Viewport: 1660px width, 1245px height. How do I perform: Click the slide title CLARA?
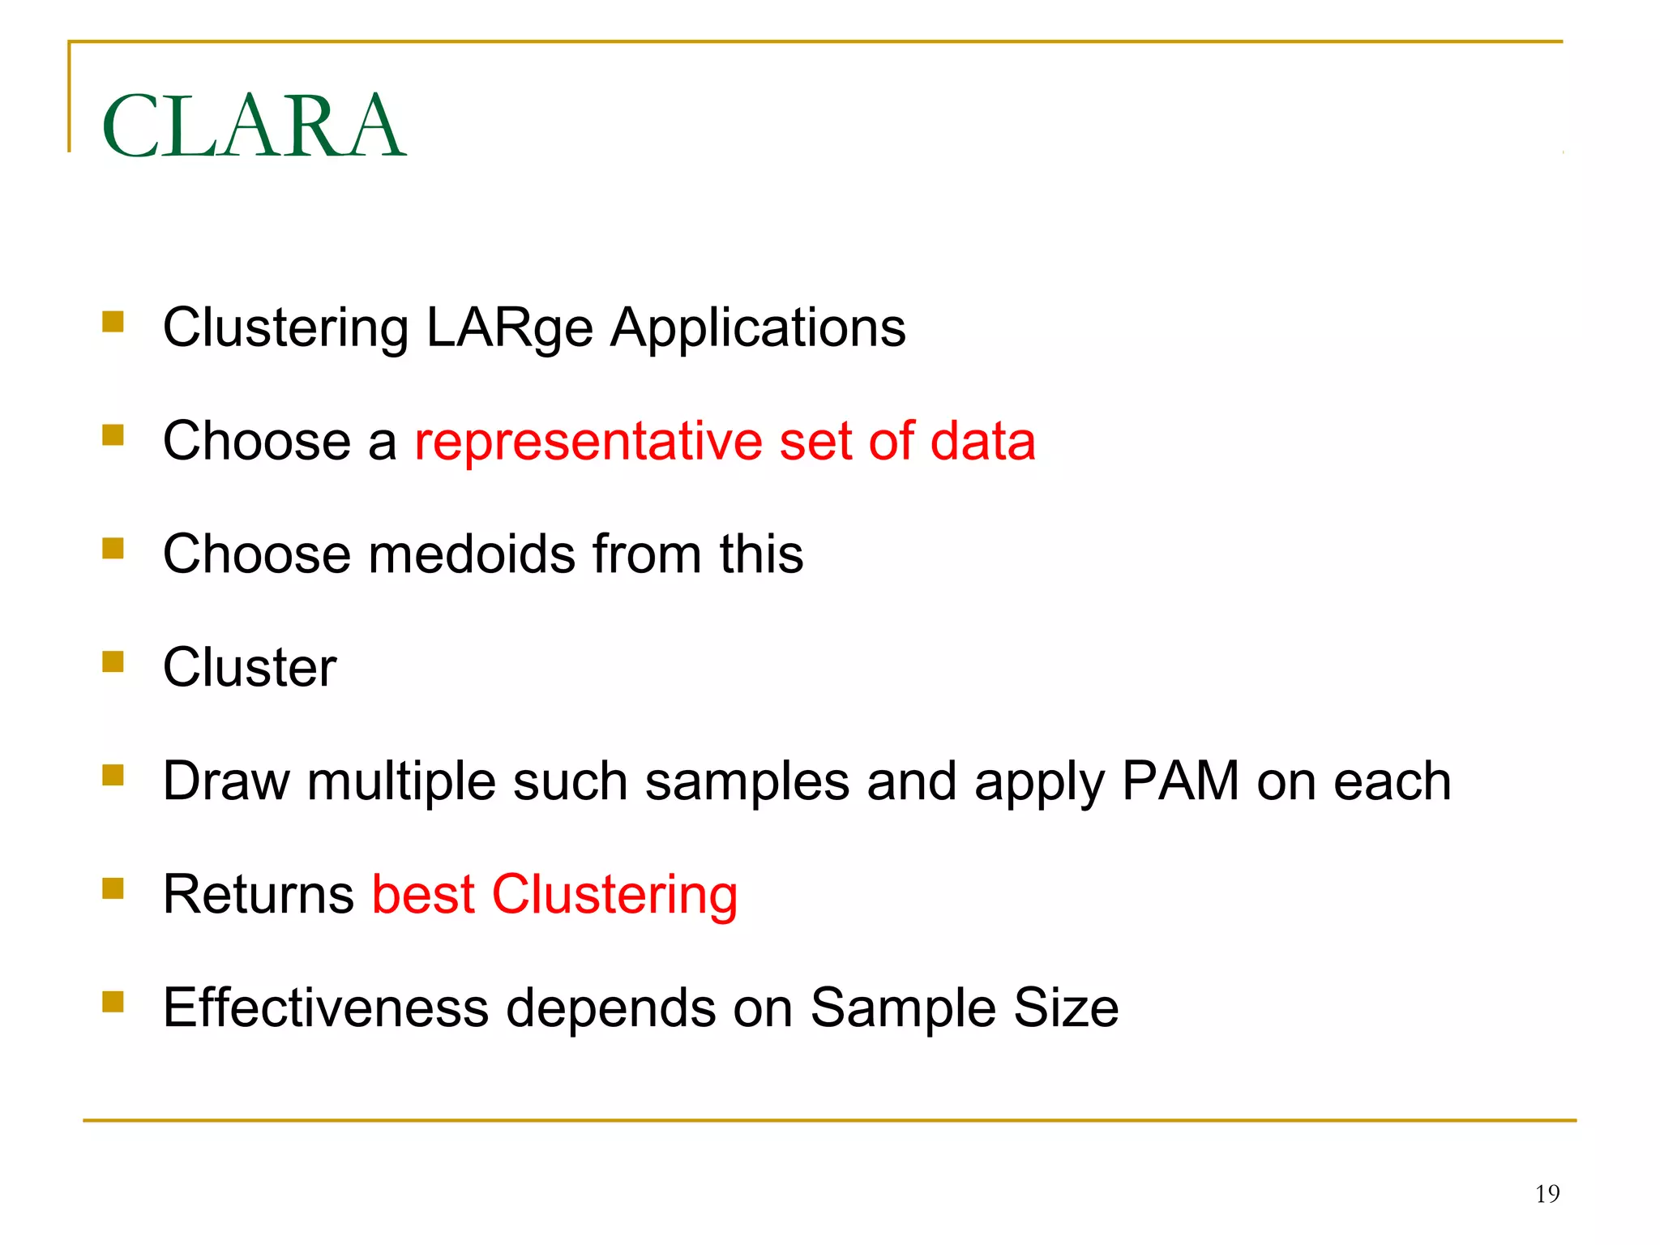pyautogui.click(x=254, y=126)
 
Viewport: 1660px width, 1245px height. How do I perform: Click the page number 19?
pyautogui.click(x=1547, y=1194)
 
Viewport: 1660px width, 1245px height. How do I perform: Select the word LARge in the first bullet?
pyautogui.click(x=509, y=329)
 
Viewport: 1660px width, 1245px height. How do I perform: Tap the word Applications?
pyautogui.click(x=758, y=329)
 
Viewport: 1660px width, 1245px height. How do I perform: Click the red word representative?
pyautogui.click(x=588, y=442)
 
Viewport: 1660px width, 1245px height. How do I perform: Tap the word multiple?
pyautogui.click(x=400, y=783)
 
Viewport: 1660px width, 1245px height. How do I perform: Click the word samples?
pyautogui.click(x=747, y=783)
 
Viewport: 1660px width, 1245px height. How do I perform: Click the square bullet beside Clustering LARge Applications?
pyautogui.click(x=113, y=323)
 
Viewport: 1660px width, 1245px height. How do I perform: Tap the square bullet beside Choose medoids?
pyautogui.click(x=113, y=550)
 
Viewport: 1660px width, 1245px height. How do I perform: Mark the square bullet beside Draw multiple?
pyautogui.click(x=113, y=776)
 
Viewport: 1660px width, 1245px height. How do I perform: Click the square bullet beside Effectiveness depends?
pyautogui.click(x=113, y=1003)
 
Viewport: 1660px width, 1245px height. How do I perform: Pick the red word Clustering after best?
pyautogui.click(x=614, y=896)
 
